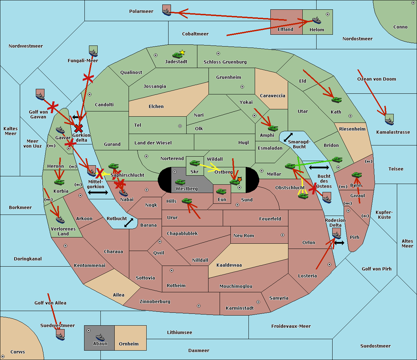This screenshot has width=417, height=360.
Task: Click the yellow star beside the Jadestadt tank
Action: pyautogui.click(x=182, y=52)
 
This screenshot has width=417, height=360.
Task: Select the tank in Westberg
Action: pyautogui.click(x=180, y=182)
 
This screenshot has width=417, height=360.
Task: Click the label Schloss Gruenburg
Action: pyautogui.click(x=225, y=62)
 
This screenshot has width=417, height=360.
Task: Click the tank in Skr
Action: pyautogui.click(x=194, y=162)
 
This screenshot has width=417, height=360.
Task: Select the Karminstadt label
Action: pyautogui.click(x=240, y=308)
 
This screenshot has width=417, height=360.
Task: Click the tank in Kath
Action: pyautogui.click(x=336, y=100)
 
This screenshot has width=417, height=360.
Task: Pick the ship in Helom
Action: pyautogui.click(x=316, y=20)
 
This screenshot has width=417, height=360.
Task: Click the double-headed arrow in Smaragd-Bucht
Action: pyautogui.click(x=288, y=137)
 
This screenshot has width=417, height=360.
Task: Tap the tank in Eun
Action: pyautogui.click(x=221, y=191)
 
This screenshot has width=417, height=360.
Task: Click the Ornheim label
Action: pyautogui.click(x=129, y=344)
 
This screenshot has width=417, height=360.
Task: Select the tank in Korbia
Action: pyautogui.click(x=59, y=182)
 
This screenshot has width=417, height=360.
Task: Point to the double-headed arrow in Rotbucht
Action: pyautogui.click(x=129, y=223)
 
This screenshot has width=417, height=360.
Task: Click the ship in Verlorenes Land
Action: pyautogui.click(x=60, y=219)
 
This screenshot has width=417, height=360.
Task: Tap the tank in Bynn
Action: pyautogui.click(x=357, y=175)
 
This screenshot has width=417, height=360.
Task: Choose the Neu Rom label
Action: pyautogui.click(x=244, y=236)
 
